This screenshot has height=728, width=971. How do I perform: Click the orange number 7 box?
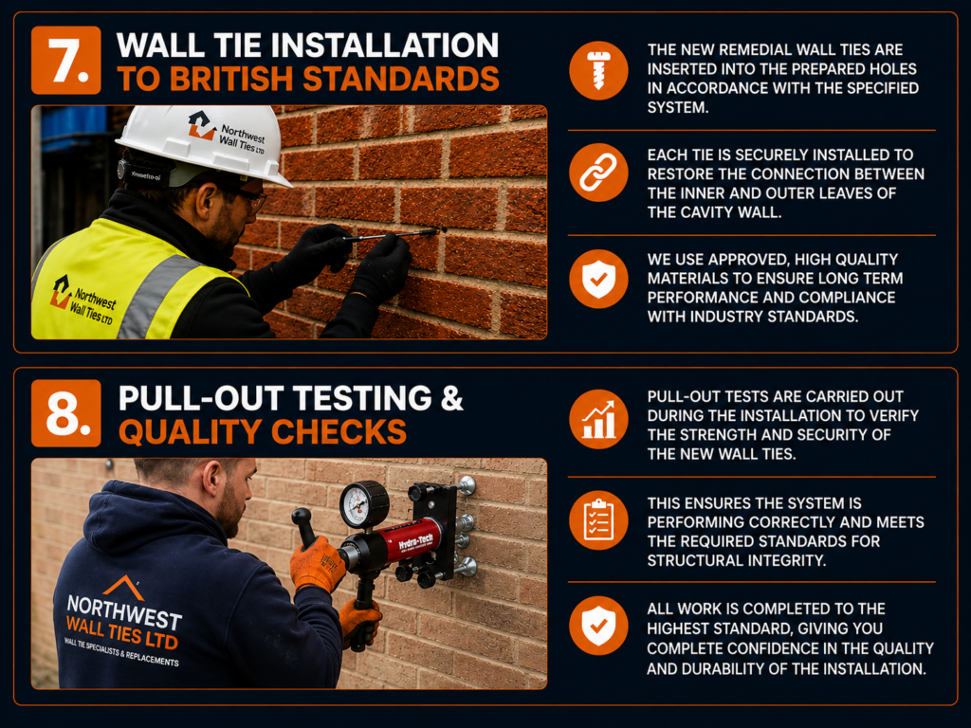point(66,60)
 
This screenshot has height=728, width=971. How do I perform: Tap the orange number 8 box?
point(66,413)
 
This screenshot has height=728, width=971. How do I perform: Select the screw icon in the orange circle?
point(598,70)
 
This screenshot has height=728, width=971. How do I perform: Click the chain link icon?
point(598,173)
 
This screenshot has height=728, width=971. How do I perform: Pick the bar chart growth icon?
point(598,419)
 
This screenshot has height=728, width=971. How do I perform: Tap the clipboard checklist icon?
point(598,520)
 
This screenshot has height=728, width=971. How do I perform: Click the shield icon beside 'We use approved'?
point(598,280)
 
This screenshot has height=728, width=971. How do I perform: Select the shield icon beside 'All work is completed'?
point(598,626)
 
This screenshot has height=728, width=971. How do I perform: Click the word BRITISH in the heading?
point(231,79)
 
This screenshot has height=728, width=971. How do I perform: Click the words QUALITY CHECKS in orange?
point(263,431)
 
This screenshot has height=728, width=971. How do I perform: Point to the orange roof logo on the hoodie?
point(124,589)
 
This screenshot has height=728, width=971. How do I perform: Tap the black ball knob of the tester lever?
point(301,517)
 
